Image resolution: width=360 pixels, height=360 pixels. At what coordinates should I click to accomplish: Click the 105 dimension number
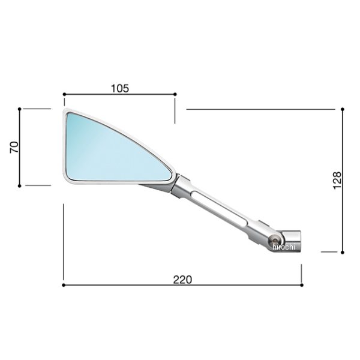(120, 88)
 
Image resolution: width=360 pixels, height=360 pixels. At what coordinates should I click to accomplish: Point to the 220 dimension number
(182, 279)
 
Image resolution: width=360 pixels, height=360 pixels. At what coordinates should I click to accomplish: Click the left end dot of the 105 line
(64, 94)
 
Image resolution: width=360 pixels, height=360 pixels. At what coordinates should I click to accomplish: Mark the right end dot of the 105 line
(175, 94)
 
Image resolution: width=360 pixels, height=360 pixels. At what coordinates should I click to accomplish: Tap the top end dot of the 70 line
(20, 109)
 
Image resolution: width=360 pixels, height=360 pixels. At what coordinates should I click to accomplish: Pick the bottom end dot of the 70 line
(20, 185)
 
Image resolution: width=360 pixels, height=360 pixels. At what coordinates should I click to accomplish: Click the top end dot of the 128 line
(342, 109)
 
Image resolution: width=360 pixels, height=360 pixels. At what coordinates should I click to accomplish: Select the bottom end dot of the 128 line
(342, 252)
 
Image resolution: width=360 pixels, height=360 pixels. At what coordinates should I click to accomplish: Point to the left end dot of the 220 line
(64, 285)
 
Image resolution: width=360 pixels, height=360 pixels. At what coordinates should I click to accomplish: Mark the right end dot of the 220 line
(302, 285)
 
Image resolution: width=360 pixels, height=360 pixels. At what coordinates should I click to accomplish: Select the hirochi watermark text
(284, 247)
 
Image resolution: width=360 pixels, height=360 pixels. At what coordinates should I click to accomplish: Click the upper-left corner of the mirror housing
(65, 111)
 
